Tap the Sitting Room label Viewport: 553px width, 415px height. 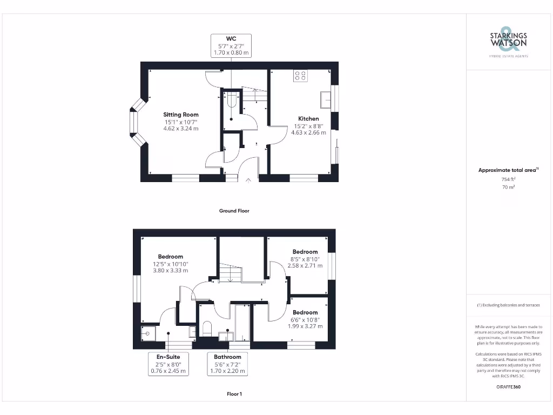point(181,115)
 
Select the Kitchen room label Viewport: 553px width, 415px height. point(308,118)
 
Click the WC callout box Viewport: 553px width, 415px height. point(231,45)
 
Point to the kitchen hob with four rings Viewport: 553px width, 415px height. point(300,76)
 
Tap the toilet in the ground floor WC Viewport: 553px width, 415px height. point(232,100)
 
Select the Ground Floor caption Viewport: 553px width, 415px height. point(234,211)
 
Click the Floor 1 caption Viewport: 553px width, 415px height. point(234,394)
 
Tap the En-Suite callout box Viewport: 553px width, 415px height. point(168,364)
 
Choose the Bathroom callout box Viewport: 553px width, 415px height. point(227,364)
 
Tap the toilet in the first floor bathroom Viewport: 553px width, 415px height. point(206,328)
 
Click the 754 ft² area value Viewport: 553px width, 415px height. point(508,179)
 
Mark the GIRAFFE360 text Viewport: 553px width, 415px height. point(508,387)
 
